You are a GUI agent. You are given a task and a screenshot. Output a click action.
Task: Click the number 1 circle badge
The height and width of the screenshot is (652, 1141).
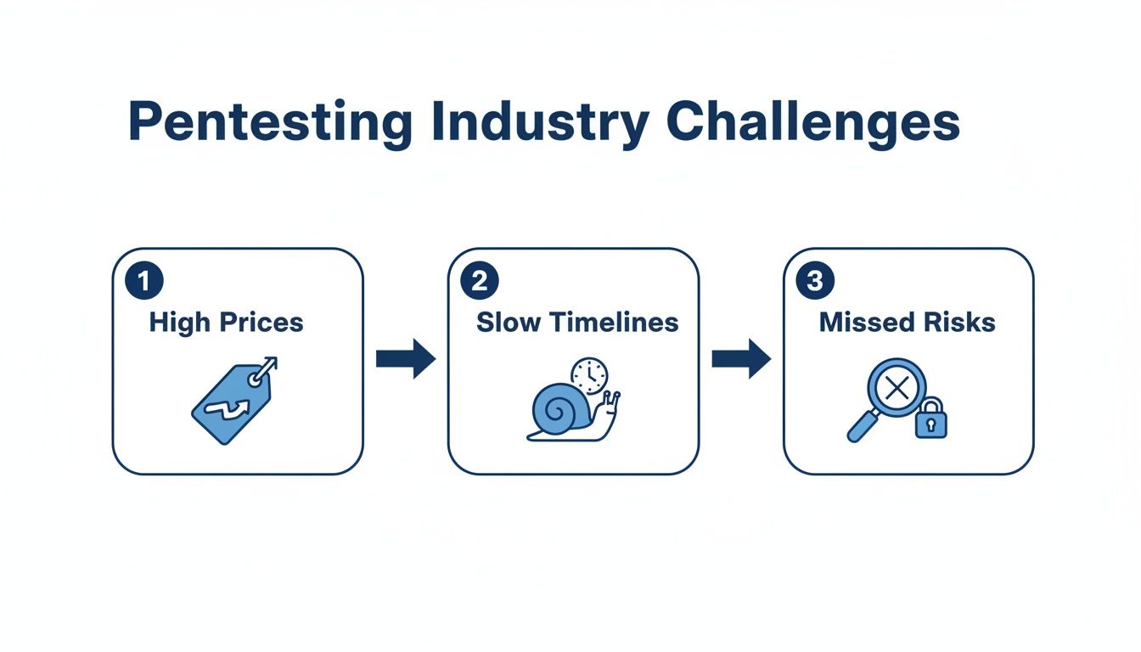144,281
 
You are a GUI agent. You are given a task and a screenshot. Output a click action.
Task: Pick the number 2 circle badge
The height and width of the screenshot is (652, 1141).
480,281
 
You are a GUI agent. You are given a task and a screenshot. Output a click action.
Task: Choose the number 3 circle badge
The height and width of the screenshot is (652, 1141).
815,281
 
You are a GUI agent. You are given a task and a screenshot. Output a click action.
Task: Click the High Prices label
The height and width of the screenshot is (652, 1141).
226,323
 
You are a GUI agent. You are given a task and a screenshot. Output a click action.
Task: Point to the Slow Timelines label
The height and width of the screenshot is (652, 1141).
577,323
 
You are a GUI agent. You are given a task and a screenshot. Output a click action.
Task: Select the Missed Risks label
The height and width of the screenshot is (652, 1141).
907,323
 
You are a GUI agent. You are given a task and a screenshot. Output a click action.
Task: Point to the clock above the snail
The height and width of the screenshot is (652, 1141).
589,375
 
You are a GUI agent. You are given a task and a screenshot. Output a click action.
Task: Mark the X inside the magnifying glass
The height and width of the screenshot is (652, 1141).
896,390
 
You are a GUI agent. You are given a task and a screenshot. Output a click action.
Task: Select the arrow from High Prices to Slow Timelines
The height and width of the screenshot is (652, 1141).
405,360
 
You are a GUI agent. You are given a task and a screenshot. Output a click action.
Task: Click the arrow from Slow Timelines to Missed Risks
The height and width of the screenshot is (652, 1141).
740,360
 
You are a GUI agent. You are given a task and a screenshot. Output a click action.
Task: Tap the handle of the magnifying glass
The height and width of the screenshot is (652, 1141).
862,427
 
